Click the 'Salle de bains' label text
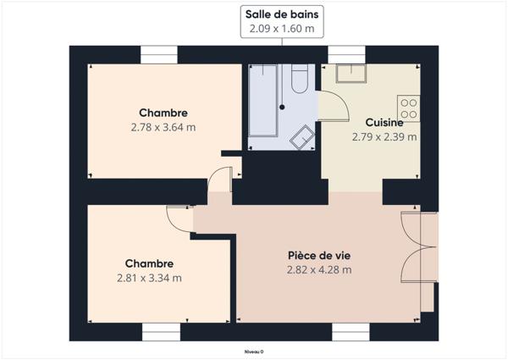click(x=282, y=14)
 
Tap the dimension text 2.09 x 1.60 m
click(x=282, y=29)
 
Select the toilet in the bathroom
click(x=298, y=80)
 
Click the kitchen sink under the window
click(x=348, y=72)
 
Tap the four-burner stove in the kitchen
click(x=409, y=107)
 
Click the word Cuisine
click(x=384, y=122)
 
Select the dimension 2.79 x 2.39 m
click(x=384, y=136)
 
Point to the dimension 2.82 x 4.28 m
click(x=318, y=270)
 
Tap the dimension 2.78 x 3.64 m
click(x=163, y=128)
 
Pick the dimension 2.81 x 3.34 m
click(x=149, y=278)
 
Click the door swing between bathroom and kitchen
click(x=332, y=105)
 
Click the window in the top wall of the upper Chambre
click(x=158, y=55)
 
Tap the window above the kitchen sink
click(x=345, y=55)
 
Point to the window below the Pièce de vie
click(x=351, y=331)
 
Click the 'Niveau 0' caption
click(x=254, y=351)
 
